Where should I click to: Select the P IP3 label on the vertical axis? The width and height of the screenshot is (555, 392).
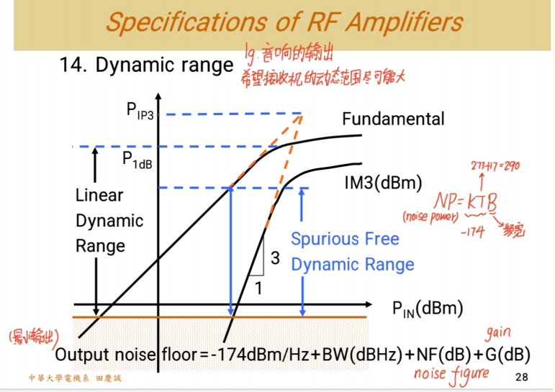tap(140, 111)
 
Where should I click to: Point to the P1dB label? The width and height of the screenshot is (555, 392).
tap(136, 160)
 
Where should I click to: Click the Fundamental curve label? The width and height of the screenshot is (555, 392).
tap(393, 119)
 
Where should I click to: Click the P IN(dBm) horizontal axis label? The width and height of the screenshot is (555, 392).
tap(427, 308)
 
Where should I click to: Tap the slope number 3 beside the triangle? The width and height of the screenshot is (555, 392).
tap(274, 258)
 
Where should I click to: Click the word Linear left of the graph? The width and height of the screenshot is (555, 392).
tap(99, 196)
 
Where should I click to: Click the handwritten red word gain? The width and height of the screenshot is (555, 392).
tap(500, 334)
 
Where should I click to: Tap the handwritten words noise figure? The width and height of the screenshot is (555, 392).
tap(451, 373)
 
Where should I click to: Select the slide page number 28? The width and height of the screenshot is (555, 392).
tap(522, 378)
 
